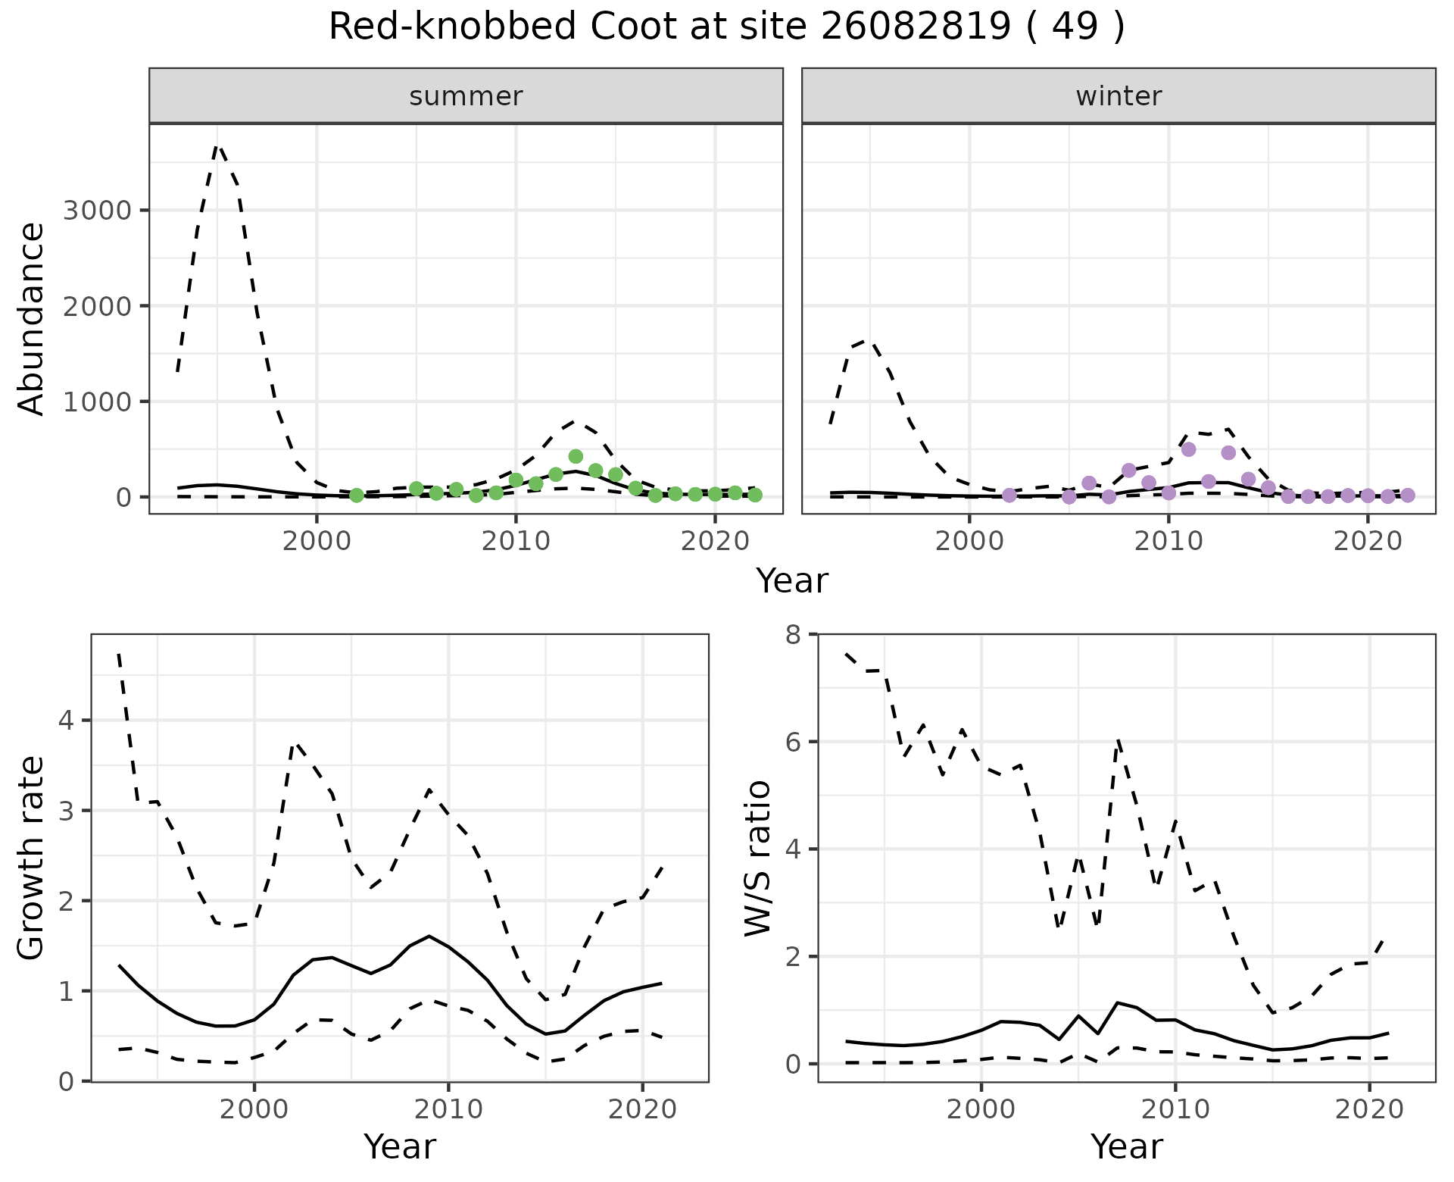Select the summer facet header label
[466, 96]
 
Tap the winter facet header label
[1119, 96]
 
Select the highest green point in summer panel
[576, 456]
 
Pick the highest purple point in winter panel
[1188, 449]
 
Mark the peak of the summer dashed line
[217, 146]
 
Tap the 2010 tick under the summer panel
[516, 543]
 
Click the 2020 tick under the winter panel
[1367, 543]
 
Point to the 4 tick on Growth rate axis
[66, 720]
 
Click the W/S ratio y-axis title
[758, 858]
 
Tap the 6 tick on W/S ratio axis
[793, 741]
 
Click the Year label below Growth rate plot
[400, 1146]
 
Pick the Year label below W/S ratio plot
[1126, 1146]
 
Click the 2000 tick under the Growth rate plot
[254, 1110]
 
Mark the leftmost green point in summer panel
[357, 496]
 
